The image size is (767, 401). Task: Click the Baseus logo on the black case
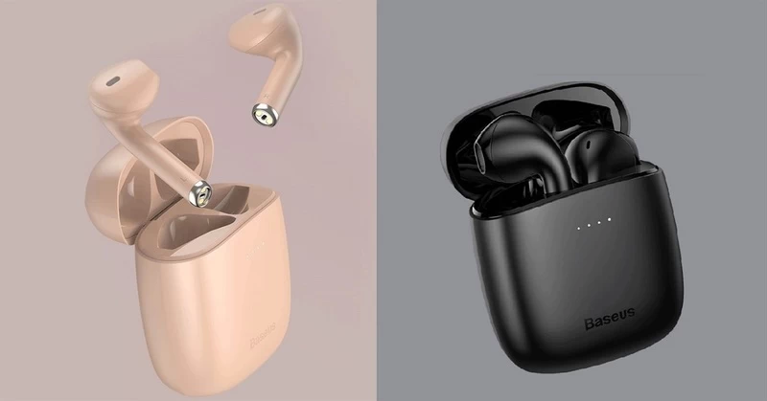[610, 319]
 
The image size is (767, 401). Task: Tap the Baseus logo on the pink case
[263, 335]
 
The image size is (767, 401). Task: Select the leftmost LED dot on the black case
[579, 228]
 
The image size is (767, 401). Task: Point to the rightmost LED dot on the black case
[610, 220]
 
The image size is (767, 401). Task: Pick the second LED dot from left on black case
[589, 225]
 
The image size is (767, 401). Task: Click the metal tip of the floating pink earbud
[266, 115]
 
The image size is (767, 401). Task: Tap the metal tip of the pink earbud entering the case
[200, 193]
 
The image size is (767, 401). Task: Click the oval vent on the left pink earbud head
[113, 81]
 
